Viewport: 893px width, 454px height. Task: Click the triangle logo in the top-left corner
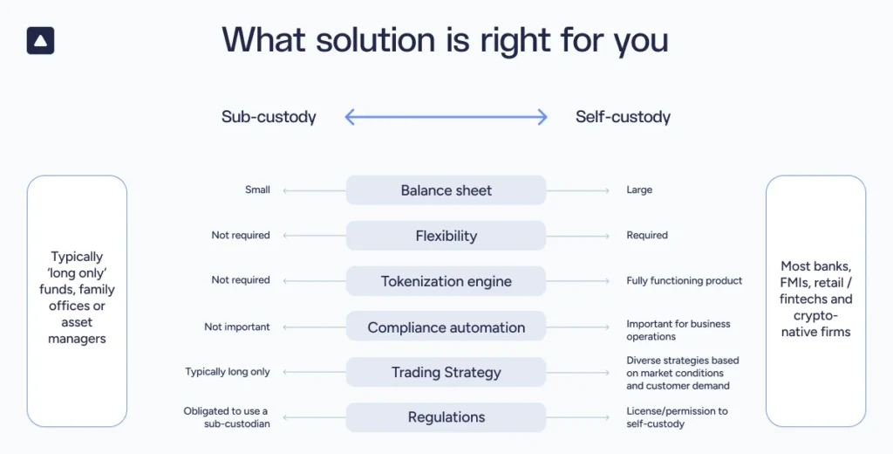40,40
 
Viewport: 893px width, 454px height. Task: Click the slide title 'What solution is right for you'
445,40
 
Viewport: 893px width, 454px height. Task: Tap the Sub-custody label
269,117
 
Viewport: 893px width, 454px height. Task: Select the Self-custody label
623,117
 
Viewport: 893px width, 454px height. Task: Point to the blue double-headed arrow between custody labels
446,117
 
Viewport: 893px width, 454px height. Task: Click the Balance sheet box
446,190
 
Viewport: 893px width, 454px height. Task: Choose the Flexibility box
446,236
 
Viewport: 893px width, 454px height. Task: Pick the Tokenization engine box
446,281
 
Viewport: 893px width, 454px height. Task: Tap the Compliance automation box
446,327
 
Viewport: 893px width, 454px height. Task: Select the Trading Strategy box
446,373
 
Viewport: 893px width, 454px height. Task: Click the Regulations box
446,417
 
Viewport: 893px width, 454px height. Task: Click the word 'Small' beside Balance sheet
257,189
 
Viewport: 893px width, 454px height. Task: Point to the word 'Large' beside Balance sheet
639,189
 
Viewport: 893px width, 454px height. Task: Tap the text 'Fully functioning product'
685,280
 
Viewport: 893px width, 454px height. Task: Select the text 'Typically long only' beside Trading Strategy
228,372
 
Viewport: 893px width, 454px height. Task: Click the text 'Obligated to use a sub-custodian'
226,417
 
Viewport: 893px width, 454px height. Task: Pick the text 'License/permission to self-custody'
677,417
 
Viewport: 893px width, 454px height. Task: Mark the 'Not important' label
237,327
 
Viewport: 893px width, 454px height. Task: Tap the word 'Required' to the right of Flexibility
647,235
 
